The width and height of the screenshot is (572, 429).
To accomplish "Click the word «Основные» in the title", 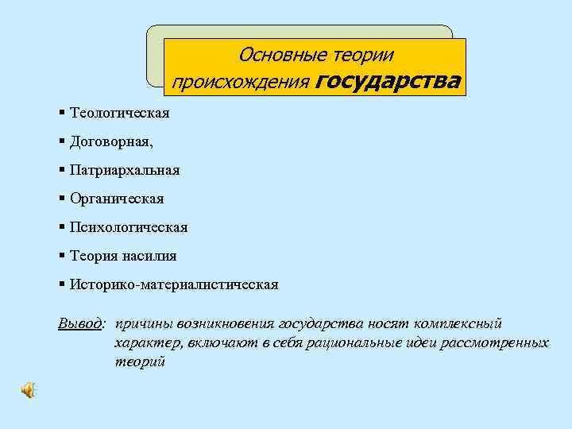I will click(x=272, y=55).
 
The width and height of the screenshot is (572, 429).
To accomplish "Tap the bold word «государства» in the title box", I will click(x=388, y=81).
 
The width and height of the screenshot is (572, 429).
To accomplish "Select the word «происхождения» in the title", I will click(x=242, y=82).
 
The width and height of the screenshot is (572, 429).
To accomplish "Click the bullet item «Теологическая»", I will click(x=119, y=113).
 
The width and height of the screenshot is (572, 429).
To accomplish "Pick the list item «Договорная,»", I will click(x=112, y=141).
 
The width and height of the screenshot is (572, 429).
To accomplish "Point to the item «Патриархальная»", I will click(x=125, y=170).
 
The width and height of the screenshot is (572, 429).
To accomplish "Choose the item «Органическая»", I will click(x=117, y=199).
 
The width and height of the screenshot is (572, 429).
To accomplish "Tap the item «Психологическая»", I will click(x=129, y=227).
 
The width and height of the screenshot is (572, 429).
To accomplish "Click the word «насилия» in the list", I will click(x=149, y=256).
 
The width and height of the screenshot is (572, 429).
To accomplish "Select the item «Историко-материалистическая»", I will click(x=174, y=284).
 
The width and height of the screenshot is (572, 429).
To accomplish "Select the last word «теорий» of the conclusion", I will click(x=139, y=361).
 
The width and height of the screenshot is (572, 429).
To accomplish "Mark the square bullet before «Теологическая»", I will click(x=62, y=112).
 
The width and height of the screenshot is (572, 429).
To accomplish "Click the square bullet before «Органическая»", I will click(x=62, y=198).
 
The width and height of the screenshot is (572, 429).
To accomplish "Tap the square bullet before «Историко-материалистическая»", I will click(x=62, y=284).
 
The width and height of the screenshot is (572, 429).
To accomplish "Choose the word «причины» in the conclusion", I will click(x=140, y=324).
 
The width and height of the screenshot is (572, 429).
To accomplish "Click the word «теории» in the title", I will click(x=363, y=55).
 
